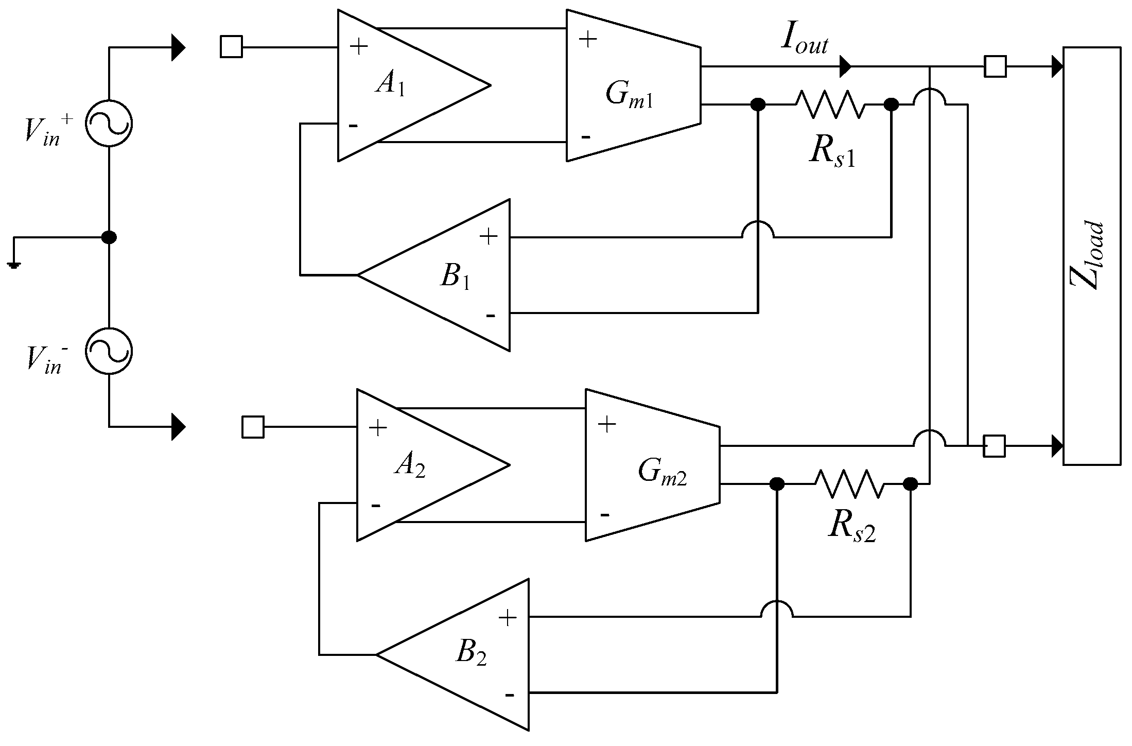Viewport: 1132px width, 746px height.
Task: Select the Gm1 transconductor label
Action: (629, 96)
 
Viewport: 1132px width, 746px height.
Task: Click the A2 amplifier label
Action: (410, 466)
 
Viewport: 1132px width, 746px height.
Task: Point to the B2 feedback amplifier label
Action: (471, 655)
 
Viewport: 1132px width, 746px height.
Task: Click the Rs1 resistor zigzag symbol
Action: (829, 105)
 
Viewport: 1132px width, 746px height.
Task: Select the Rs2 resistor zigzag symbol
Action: (849, 484)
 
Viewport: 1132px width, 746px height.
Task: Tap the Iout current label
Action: (805, 40)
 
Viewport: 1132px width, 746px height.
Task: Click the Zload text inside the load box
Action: (1089, 255)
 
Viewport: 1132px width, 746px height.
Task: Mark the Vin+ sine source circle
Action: (109, 124)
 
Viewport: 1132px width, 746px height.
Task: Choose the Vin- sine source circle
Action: (109, 351)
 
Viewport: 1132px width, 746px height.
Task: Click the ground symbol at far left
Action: (14, 265)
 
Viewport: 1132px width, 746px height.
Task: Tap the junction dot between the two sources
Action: (109, 237)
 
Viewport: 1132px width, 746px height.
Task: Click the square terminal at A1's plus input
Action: (231, 47)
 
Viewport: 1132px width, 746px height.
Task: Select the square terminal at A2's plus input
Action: (253, 427)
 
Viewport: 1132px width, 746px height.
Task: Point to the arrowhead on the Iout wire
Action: (845, 66)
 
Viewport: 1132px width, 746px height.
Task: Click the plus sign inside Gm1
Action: (587, 40)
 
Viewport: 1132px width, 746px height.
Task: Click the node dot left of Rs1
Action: (758, 105)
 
